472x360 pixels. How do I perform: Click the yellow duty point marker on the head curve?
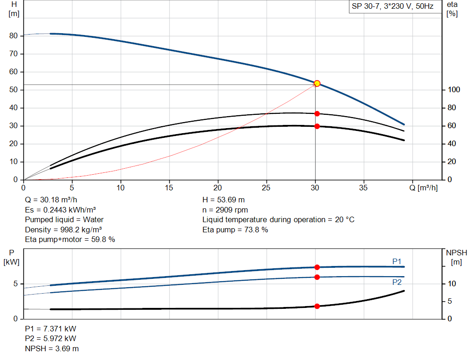coord(317,83)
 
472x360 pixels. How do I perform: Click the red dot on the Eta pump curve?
coord(317,113)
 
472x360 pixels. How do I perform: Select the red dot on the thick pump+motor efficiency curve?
coord(317,126)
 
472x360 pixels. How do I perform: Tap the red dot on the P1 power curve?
coord(317,267)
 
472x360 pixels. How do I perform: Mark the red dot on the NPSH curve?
coord(317,306)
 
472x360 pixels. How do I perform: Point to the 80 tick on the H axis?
coord(13,35)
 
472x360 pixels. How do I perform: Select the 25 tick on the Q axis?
coord(266,188)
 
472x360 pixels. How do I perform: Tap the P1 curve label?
coord(397,261)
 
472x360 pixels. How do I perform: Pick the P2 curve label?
coord(397,282)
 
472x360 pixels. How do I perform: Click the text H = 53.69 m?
coord(224,200)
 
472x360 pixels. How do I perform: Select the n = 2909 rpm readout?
coord(225,210)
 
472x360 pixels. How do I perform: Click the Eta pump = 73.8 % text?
coord(235,230)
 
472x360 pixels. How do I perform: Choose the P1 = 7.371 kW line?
coord(51,329)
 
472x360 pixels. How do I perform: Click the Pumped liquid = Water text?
coord(64,219)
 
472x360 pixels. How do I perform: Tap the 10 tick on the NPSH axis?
coord(453,283)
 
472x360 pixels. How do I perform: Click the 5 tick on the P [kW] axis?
coord(15,284)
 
